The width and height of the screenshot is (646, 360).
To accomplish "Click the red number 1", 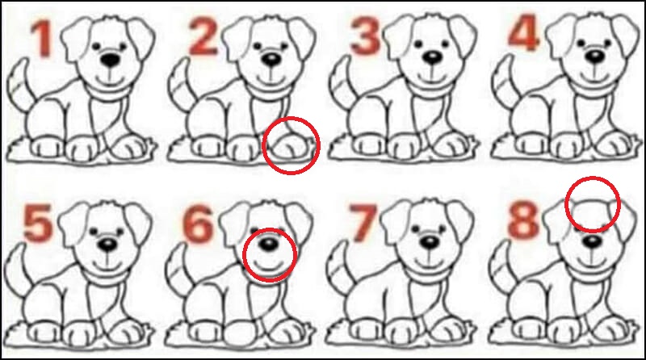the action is point(42,39).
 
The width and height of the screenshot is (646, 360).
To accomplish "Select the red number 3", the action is point(365,36).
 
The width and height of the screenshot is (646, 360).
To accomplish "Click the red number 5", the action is point(38,224).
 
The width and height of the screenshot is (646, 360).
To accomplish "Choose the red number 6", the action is point(198,224).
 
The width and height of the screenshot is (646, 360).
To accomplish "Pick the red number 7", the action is point(362,224).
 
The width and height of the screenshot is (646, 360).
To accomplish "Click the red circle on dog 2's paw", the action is point(264,145).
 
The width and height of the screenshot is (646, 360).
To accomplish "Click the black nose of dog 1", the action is point(111,60).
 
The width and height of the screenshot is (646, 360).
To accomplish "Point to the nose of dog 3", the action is point(433,57).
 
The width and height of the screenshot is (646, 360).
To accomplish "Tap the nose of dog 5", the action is point(108,245).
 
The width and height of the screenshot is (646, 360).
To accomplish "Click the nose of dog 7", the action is point(430,242).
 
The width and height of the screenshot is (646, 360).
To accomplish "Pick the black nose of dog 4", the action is point(595,56).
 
